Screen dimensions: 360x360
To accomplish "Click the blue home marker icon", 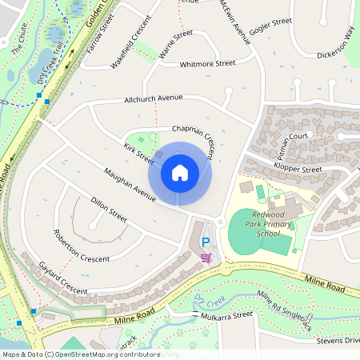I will pos(180,172).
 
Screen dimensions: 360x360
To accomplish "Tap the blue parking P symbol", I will pos(205,242).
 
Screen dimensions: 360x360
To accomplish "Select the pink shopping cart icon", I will pos(206,257).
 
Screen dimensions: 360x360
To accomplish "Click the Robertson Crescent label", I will pos(81,246).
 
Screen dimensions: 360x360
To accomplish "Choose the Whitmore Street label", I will pos(208,63).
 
